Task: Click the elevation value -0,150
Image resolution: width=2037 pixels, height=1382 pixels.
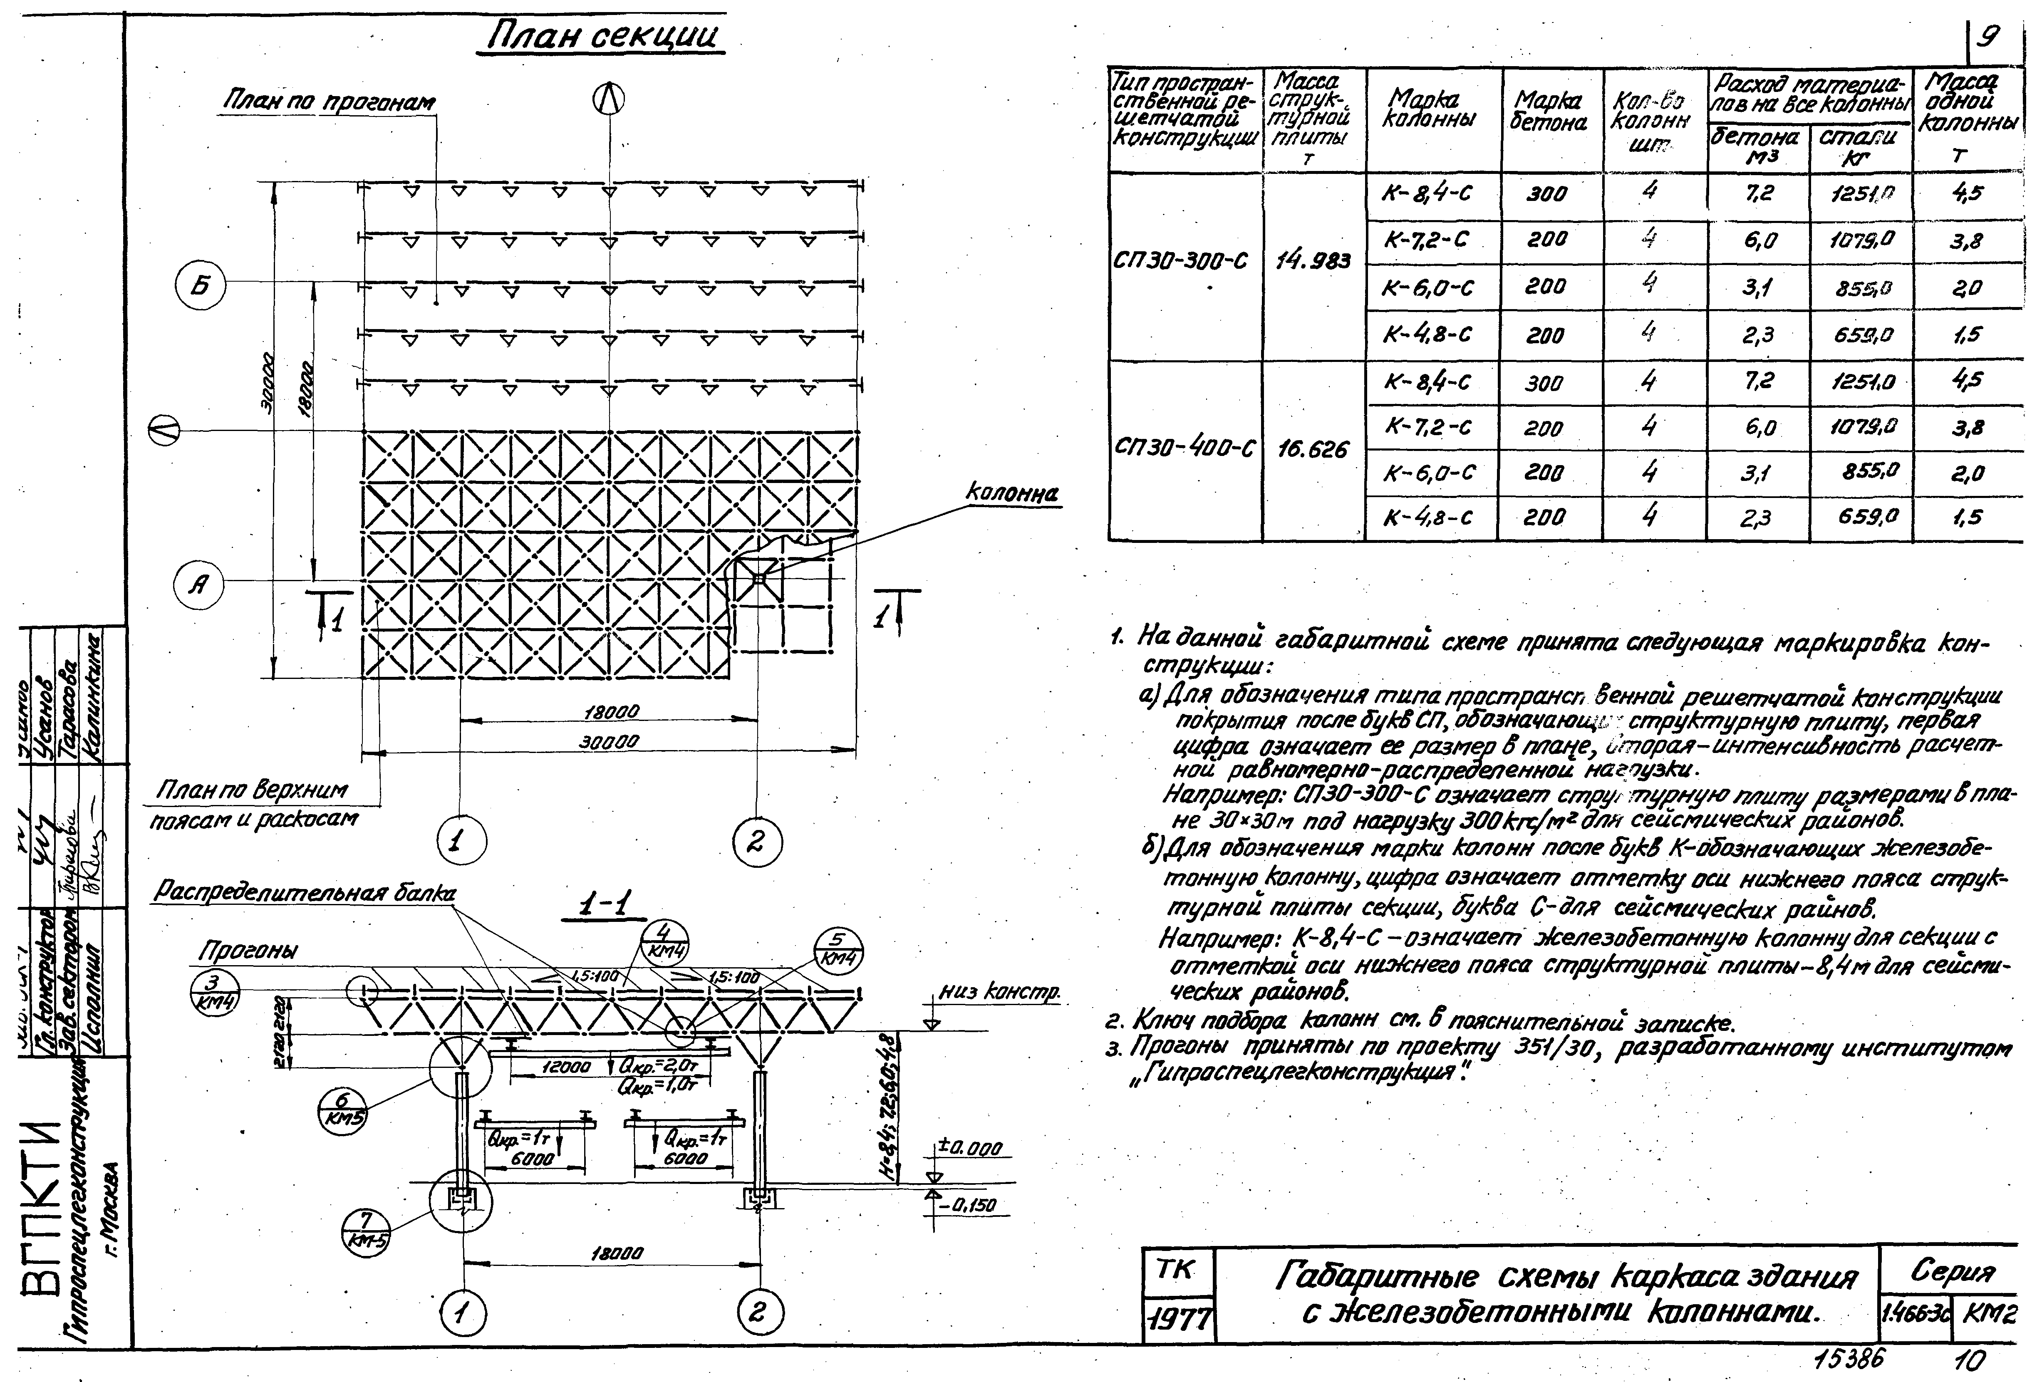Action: tap(971, 1206)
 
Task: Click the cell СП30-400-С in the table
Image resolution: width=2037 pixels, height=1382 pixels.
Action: tap(1183, 449)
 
